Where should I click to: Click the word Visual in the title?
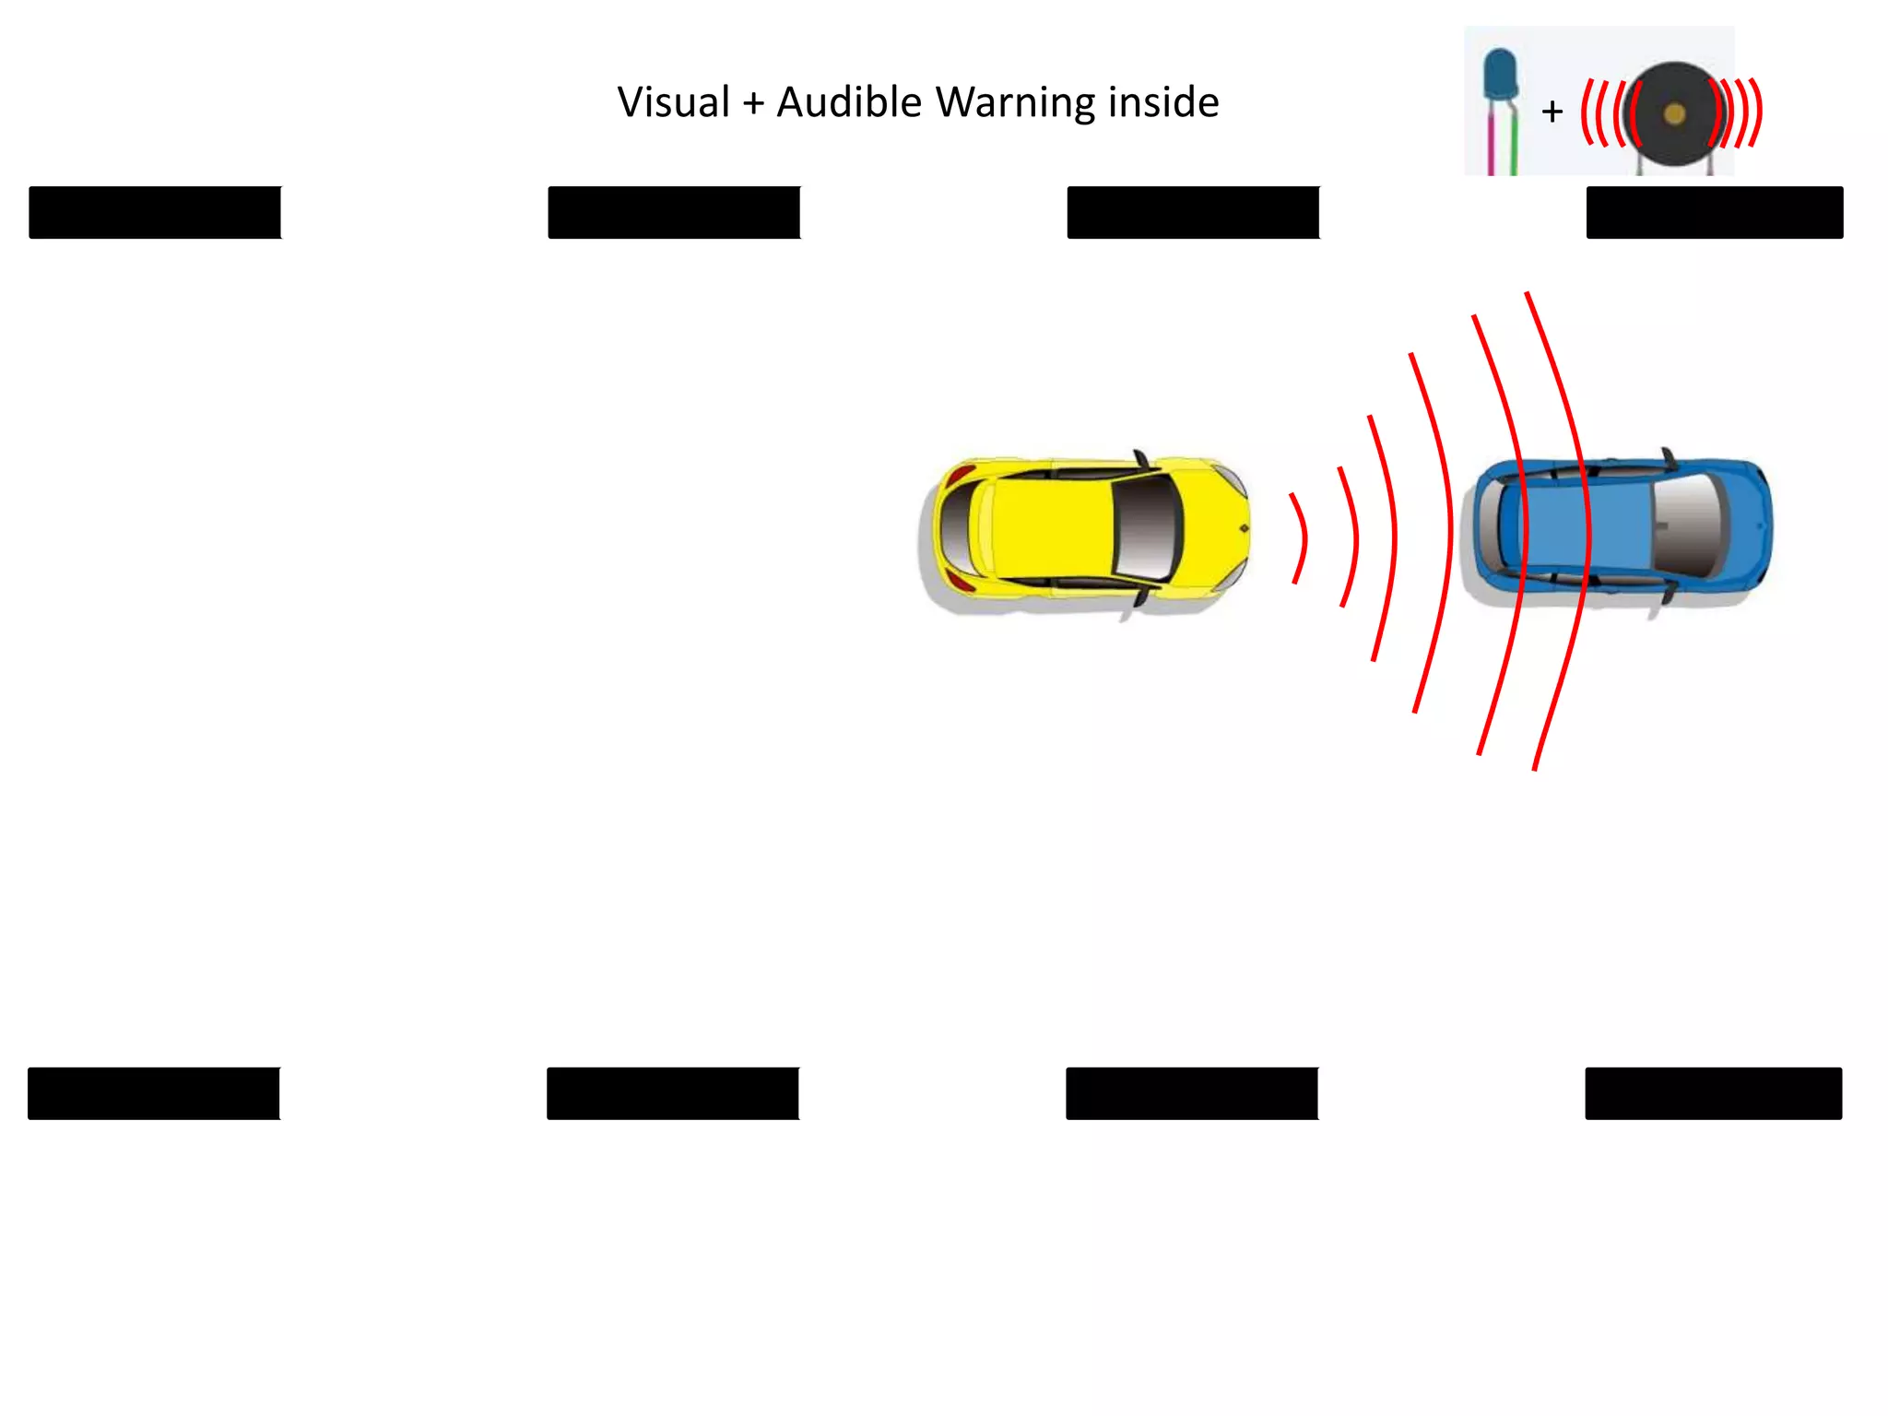point(673,102)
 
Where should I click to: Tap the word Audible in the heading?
point(848,102)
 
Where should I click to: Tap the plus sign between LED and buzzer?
point(1552,112)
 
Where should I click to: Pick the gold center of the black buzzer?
point(1675,114)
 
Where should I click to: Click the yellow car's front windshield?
point(1146,531)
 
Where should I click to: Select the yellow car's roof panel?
point(1051,531)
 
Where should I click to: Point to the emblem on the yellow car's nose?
point(1244,528)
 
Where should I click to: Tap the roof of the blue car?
point(1586,527)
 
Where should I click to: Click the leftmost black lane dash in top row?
point(155,213)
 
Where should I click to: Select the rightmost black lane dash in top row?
point(1715,213)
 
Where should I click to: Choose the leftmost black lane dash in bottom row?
point(154,1093)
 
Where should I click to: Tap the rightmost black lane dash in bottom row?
point(1714,1093)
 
